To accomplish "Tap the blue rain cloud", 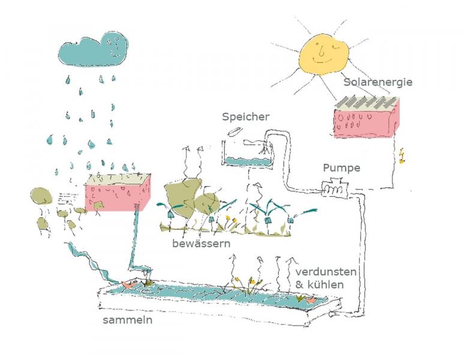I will coord(93,50).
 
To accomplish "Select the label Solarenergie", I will coord(378,82).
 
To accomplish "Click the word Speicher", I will coord(245,116).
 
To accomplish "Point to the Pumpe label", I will coord(341,167).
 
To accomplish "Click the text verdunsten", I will coord(326,272).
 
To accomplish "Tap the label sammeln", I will coord(127,320).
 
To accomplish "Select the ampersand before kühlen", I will coord(299,284).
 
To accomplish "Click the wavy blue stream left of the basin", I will coord(90,261).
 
